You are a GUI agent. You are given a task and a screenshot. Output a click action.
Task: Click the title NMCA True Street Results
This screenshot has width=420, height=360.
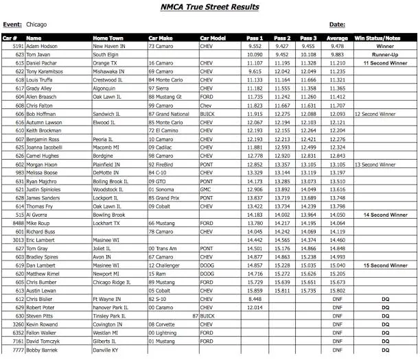[210, 7]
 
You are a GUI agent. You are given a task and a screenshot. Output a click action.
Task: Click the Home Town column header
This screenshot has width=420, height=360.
[110, 38]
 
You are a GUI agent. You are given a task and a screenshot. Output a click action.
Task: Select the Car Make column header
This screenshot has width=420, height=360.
[163, 38]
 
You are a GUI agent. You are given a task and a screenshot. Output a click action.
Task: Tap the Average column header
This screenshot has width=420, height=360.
[337, 38]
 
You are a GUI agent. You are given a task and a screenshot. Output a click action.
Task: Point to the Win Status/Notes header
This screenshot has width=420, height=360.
[385, 38]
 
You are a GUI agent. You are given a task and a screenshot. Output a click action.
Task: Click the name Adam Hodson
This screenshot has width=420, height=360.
[43, 47]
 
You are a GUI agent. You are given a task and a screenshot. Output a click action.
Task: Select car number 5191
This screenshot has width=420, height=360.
[16, 47]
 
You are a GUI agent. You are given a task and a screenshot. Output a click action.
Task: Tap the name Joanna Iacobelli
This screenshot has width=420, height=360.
[45, 147]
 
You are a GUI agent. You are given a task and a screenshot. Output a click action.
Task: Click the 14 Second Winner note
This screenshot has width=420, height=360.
[385, 215]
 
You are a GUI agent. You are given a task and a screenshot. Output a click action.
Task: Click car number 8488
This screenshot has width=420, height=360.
[16, 223]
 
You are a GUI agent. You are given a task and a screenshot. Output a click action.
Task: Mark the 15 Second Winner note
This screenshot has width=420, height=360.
[385, 265]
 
